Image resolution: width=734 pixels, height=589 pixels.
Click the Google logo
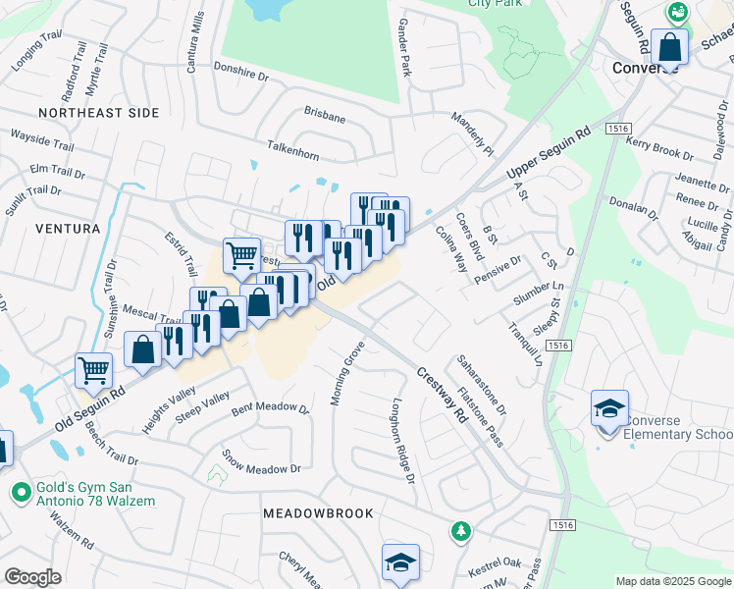click(x=32, y=577)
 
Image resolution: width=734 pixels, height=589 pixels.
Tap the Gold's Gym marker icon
click(x=19, y=490)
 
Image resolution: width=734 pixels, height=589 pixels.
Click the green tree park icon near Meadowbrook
click(x=459, y=531)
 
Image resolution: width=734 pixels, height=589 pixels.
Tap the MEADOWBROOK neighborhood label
click(x=318, y=513)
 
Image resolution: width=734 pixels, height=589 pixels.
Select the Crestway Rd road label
click(x=442, y=395)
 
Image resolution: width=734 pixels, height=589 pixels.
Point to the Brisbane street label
click(x=325, y=117)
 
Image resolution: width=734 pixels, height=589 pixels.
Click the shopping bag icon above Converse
click(x=670, y=46)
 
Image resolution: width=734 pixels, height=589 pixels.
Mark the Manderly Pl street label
click(x=472, y=134)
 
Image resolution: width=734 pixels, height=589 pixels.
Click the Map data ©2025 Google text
click(x=673, y=581)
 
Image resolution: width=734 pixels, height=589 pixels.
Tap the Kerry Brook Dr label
click(x=658, y=148)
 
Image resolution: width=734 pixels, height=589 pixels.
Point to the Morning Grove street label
click(x=347, y=373)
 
